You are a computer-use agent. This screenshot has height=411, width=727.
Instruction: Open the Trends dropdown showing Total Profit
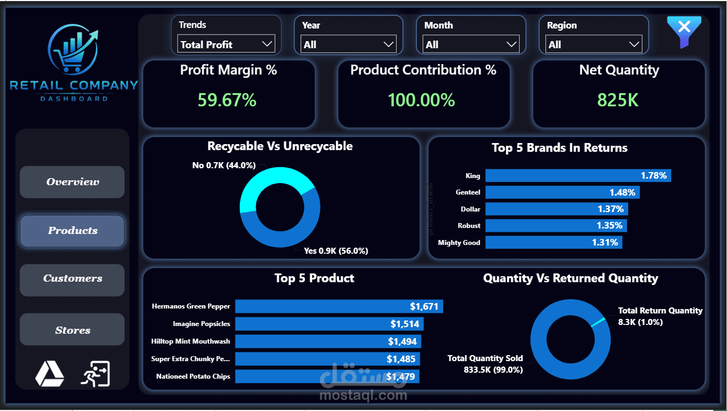[x=226, y=44]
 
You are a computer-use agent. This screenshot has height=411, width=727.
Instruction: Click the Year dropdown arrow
[x=388, y=44]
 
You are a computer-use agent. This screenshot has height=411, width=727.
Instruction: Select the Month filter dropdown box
[x=471, y=44]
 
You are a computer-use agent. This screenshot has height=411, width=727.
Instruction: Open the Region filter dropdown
[x=594, y=44]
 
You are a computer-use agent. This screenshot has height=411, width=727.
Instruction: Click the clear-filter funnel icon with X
[x=684, y=31]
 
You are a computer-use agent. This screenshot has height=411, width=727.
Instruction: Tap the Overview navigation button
[x=72, y=182]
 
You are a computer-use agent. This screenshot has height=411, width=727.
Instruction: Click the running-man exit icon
[x=95, y=374]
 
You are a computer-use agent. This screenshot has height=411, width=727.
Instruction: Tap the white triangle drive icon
[x=50, y=374]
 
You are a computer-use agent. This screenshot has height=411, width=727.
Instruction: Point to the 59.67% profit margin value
[x=227, y=100]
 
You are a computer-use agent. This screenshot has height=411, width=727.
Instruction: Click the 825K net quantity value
[x=618, y=100]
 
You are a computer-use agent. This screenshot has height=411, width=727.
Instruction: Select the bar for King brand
[x=578, y=175]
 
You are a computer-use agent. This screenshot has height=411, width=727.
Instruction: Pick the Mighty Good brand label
[x=459, y=242]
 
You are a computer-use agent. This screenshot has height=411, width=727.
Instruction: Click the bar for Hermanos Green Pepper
[x=339, y=306]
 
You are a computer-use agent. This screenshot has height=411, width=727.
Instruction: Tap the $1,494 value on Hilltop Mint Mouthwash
[x=402, y=341]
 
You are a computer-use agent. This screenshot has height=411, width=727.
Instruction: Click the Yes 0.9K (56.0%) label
[x=336, y=251]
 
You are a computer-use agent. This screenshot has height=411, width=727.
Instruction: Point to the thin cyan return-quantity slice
[x=598, y=322]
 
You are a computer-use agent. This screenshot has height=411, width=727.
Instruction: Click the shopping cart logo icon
[x=72, y=49]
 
